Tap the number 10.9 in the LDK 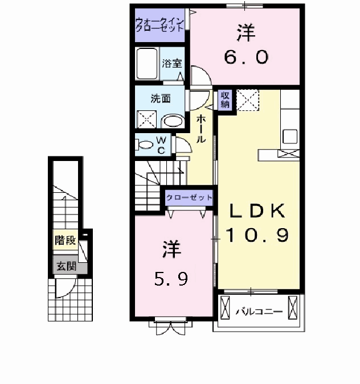pyautogui.click(x=257, y=234)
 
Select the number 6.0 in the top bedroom pyautogui.click(x=246, y=57)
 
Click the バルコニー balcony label pyautogui.click(x=259, y=312)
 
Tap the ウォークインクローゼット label pyautogui.click(x=159, y=25)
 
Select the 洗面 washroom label pyautogui.click(x=160, y=98)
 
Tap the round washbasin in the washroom pyautogui.click(x=171, y=121)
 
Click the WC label pyautogui.click(x=161, y=145)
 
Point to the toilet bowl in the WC pyautogui.click(x=146, y=145)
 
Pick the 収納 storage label pyautogui.click(x=224, y=99)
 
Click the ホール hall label pyautogui.click(x=201, y=129)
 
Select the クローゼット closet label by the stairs pyautogui.click(x=189, y=197)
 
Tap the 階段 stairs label pyautogui.click(x=65, y=241)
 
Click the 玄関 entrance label pyautogui.click(x=65, y=266)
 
